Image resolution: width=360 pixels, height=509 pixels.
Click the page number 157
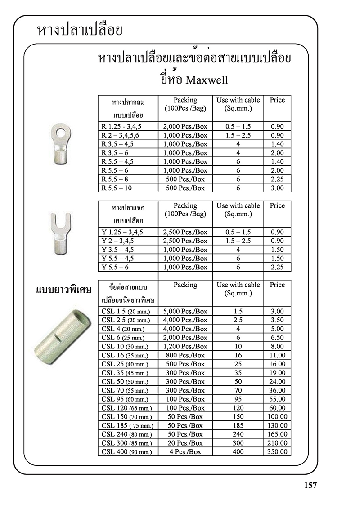[310, 486]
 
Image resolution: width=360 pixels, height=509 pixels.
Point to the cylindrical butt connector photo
[59, 332]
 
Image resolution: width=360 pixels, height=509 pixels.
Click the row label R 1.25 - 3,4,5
[121, 126]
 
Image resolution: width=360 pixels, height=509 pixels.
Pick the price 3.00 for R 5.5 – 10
[277, 188]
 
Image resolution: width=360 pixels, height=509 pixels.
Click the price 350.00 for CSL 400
[277, 452]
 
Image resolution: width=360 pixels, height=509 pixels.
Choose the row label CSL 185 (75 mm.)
[127, 425]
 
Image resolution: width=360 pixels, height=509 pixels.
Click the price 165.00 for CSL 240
[277, 434]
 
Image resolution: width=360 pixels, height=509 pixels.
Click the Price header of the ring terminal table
[277, 100]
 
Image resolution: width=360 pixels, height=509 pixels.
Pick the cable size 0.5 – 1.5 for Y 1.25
[238, 232]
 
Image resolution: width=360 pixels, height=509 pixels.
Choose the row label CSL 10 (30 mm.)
[125, 346]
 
